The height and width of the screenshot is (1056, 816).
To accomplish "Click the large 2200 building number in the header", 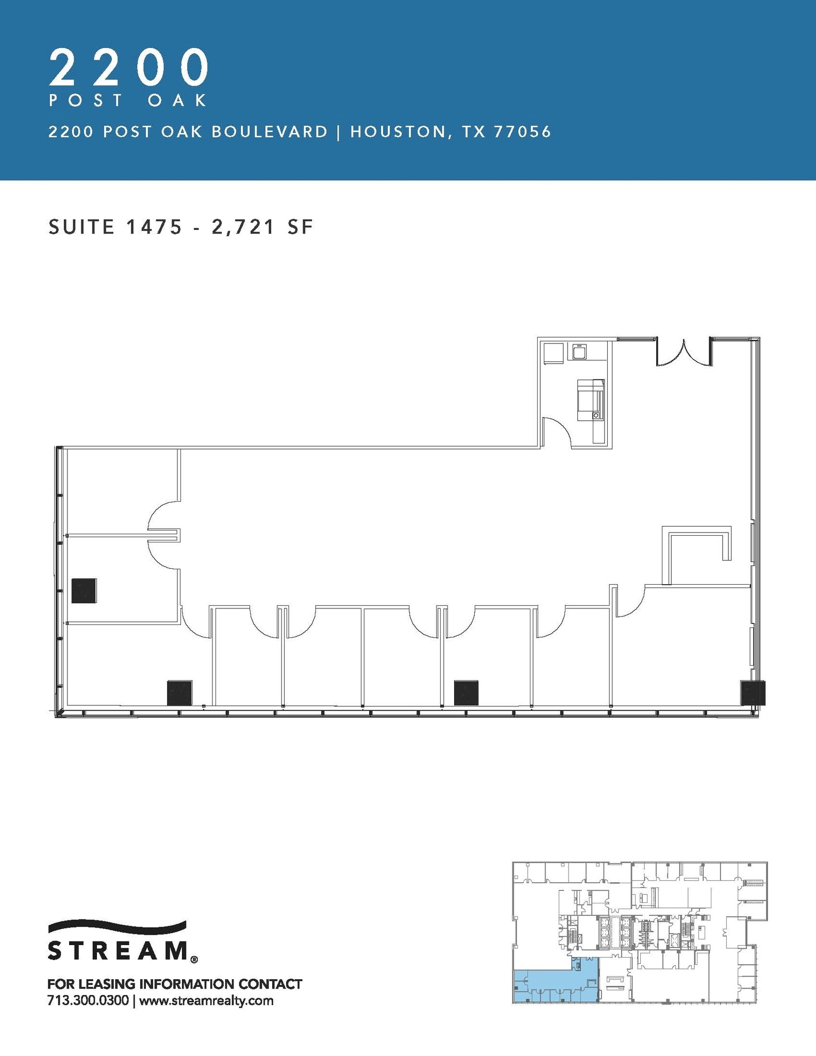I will pos(129,68).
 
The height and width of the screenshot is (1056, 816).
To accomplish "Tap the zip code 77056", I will pos(522,133).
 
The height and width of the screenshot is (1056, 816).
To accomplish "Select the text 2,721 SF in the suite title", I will pos(262,227).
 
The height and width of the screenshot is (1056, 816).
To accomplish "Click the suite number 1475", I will pos(152,227).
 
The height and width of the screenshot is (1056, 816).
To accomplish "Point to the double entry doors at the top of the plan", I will pos(684,352).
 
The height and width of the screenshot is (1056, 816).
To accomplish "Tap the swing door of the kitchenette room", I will pos(557,432).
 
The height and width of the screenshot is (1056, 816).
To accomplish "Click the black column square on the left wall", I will pos(84,590).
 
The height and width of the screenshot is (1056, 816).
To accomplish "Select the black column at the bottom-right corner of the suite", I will pos(753,692).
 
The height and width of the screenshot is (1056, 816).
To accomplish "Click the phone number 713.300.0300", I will pos(88,1001).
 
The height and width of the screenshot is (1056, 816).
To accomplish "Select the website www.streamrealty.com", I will pos(206,1001).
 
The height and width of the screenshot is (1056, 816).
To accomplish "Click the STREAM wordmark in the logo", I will pos(118,950).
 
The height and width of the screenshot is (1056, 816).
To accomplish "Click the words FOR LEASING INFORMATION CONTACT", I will pos(174,984).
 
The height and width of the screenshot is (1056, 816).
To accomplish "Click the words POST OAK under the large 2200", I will pos(128,100).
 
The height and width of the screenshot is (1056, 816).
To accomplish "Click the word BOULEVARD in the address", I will pos(269,133).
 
